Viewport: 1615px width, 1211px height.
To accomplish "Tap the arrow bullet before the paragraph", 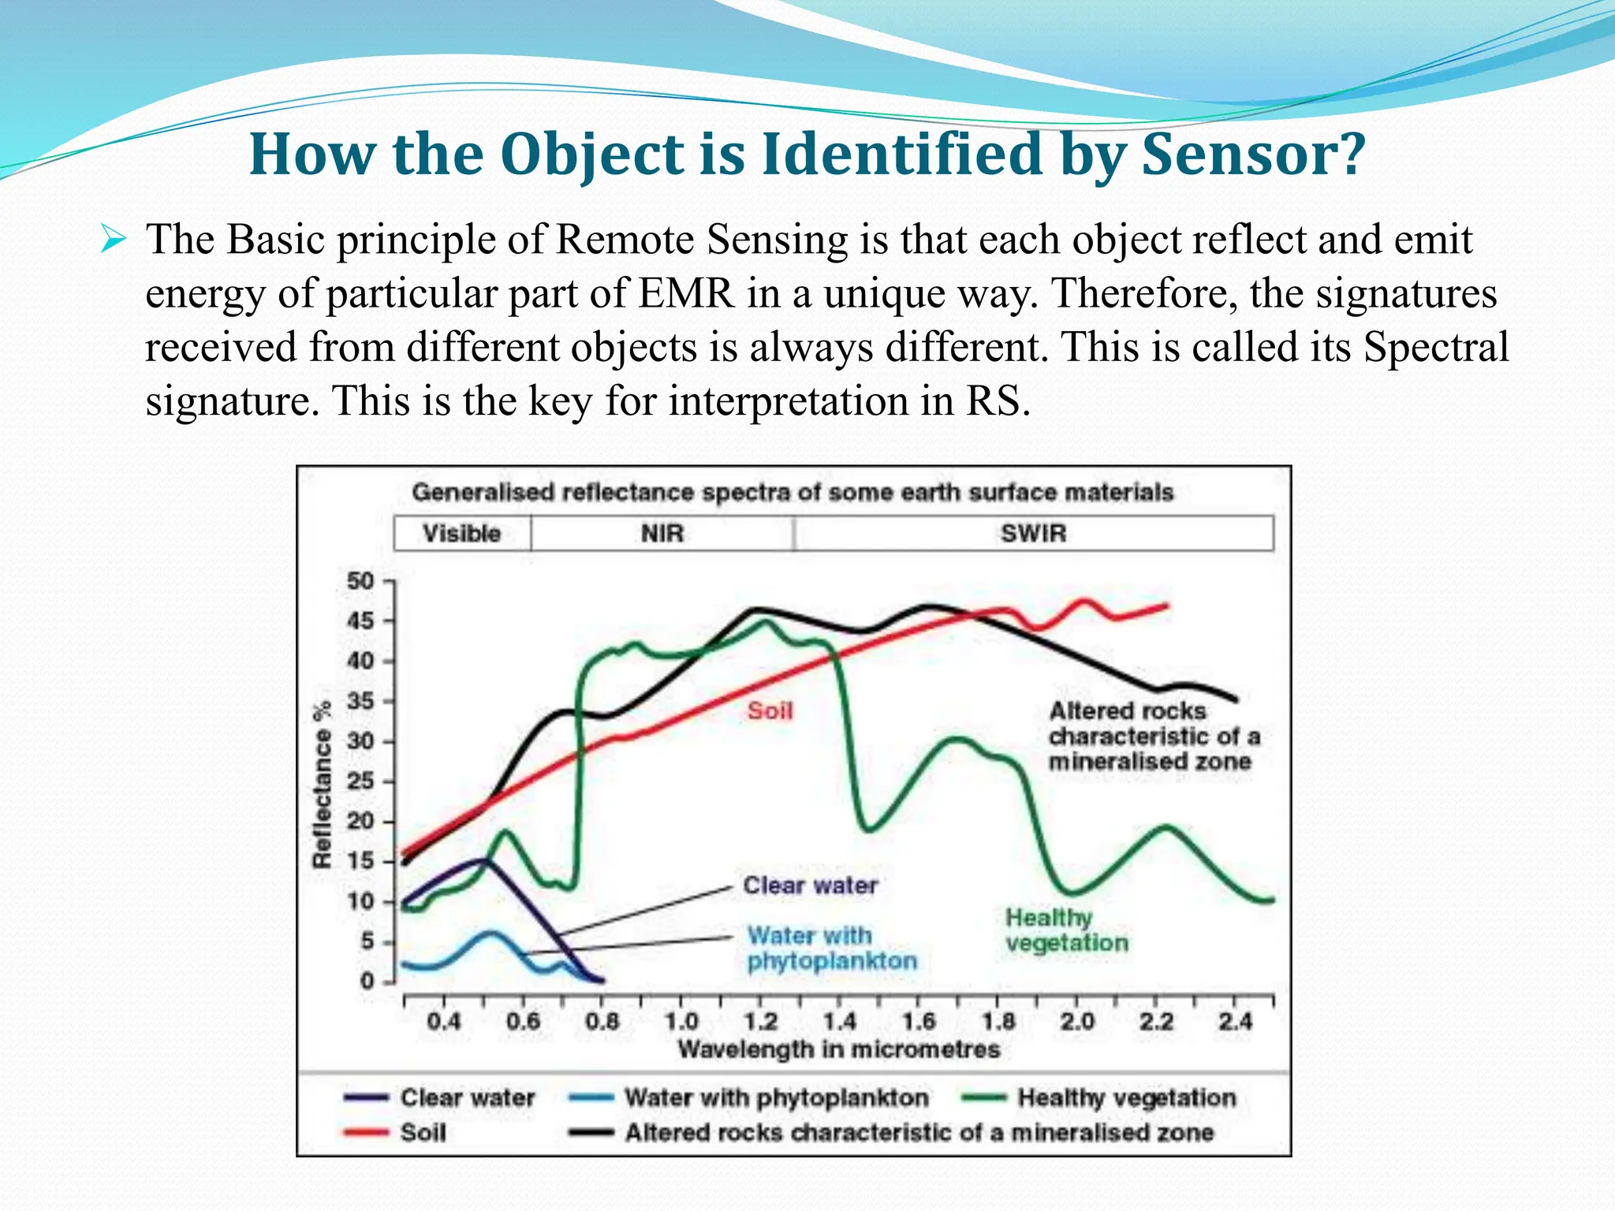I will pos(114,239).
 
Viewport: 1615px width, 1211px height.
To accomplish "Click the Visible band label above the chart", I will pos(462,534).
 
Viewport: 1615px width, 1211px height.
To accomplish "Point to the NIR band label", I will pos(662,534).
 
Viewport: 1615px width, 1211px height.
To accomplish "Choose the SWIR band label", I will pos(1033,534).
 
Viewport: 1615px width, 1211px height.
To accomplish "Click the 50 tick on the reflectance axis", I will pos(360,582).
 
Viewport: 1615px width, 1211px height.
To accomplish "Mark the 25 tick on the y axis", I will pos(360,781).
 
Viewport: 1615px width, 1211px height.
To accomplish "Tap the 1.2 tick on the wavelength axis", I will pos(760,1022).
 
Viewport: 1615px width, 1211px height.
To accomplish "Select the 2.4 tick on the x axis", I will pos(1234,1022).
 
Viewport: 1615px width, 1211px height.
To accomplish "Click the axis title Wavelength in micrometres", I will pos(838,1050).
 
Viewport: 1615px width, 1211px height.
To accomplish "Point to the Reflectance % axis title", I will pos(322,785).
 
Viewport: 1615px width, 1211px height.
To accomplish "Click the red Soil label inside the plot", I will pos(770,711).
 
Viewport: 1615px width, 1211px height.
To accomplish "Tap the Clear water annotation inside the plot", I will pos(810,885).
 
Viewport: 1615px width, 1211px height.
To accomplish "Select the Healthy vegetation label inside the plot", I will pos(1066,930).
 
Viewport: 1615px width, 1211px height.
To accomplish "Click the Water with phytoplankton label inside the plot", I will pos(831,948).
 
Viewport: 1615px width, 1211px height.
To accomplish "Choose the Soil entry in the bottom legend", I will pos(423,1133).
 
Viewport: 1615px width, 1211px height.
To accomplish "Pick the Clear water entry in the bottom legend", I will pos(467,1097).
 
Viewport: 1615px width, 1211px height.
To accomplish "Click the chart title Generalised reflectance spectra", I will pos(793,493).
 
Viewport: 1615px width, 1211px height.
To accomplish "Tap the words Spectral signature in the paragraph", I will pos(1435,348).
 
